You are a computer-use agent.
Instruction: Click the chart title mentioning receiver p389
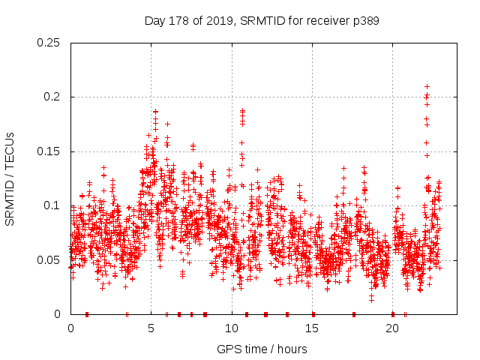click(x=262, y=21)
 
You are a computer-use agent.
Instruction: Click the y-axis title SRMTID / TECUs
click(x=10, y=178)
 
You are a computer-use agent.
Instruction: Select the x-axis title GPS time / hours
click(x=262, y=349)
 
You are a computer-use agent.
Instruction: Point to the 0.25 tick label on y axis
click(x=49, y=43)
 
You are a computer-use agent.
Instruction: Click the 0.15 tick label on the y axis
click(x=49, y=151)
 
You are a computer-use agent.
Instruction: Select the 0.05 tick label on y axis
click(x=49, y=260)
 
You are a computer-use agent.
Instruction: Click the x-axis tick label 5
click(x=151, y=328)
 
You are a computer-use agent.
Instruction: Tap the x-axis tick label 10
click(x=231, y=328)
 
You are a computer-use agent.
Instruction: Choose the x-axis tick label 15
click(x=312, y=328)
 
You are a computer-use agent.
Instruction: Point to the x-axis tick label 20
click(x=392, y=328)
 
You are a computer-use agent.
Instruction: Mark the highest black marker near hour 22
click(x=427, y=86)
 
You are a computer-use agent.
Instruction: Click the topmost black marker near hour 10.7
click(x=242, y=111)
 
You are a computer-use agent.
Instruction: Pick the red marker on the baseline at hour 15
click(x=313, y=314)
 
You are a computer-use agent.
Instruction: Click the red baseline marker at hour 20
click(x=392, y=314)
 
